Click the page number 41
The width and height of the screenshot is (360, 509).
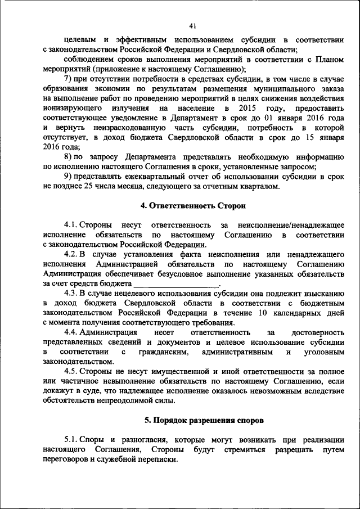coord(192,26)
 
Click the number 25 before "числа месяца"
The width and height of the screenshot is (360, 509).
coord(79,186)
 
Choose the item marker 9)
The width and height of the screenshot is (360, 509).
coord(67,177)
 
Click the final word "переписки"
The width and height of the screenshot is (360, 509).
coord(156,459)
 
